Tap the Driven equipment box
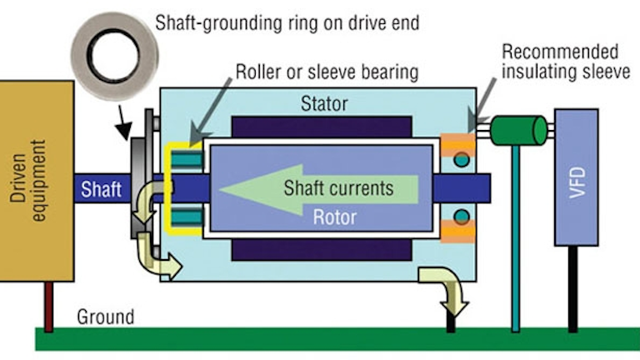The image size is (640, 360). [x=37, y=178]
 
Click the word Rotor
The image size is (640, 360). [x=334, y=217]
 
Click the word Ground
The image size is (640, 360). [x=105, y=317]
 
